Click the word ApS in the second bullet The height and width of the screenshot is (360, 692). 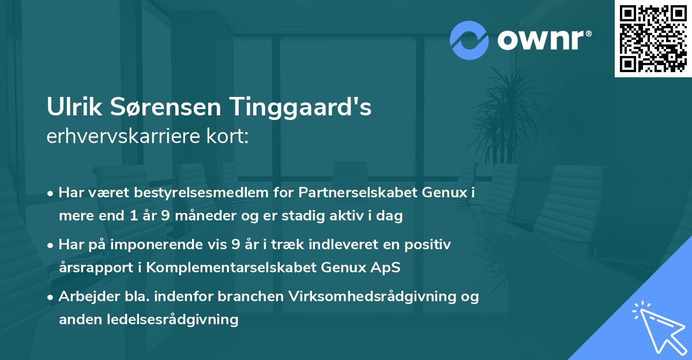(x=389, y=268)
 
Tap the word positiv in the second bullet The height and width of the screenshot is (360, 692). (x=431, y=245)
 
